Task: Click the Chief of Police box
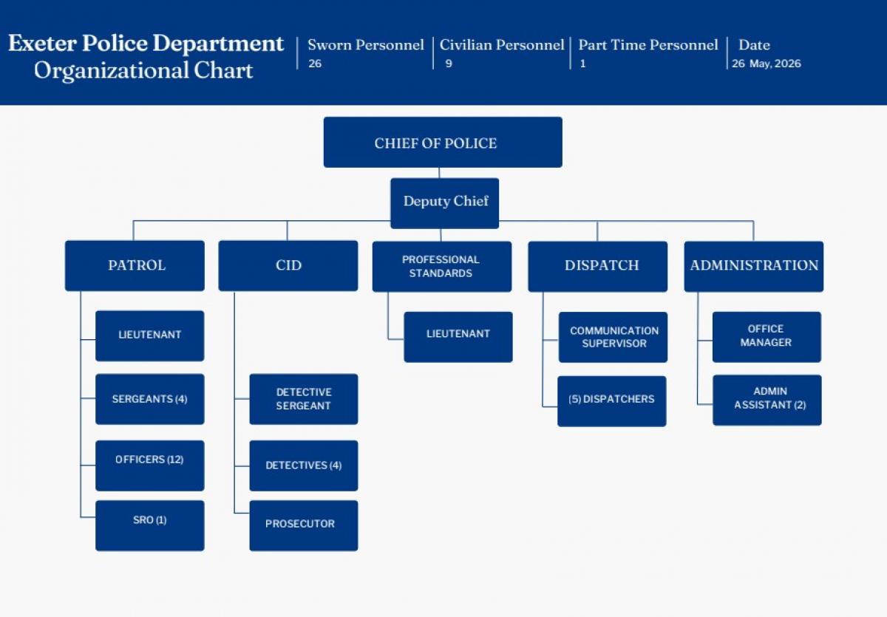(x=443, y=143)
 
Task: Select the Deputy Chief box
(x=445, y=202)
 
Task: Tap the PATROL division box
(x=135, y=265)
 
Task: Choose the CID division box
(x=288, y=265)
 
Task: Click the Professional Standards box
(x=441, y=266)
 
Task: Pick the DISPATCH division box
(x=597, y=266)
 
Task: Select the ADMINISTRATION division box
(x=753, y=266)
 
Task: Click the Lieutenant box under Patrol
(x=149, y=335)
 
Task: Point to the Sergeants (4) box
(x=149, y=399)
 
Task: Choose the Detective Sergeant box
(x=303, y=399)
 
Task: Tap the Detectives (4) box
(x=303, y=466)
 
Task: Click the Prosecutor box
(x=303, y=525)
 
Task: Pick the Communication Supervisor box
(x=613, y=337)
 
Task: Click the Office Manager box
(x=767, y=336)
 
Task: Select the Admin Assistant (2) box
(x=767, y=400)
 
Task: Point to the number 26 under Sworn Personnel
(x=315, y=64)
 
